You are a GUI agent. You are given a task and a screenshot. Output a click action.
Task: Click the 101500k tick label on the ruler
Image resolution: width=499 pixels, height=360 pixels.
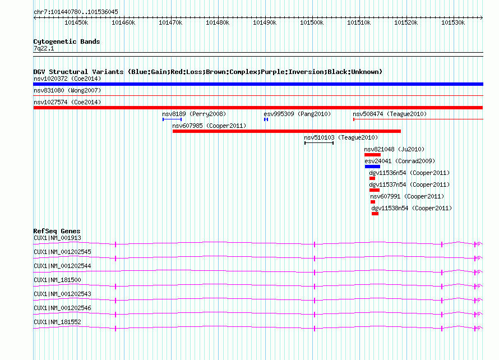tap(312, 22)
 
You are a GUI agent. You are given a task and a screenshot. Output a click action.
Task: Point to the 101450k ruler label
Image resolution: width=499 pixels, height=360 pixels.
tap(76, 22)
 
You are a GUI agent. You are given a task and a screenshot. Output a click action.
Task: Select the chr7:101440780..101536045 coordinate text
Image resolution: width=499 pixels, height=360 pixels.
tap(76, 12)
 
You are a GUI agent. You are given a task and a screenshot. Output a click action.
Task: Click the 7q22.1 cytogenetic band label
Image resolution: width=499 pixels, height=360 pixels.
tap(44, 48)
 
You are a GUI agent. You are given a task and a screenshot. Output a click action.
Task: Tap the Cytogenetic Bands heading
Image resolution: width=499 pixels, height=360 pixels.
tap(67, 41)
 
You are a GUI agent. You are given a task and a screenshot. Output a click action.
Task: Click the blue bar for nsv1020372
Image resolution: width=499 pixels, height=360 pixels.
tap(258, 84)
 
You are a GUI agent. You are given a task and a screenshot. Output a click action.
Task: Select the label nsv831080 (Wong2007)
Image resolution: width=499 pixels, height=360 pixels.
tap(67, 90)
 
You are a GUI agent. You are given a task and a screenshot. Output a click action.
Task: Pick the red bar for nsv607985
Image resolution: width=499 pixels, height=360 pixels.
tap(287, 131)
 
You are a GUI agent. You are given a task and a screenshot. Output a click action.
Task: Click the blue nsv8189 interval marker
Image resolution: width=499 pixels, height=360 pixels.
tap(172, 119)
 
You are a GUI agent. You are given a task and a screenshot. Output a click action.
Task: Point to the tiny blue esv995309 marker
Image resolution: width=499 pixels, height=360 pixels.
tap(266, 119)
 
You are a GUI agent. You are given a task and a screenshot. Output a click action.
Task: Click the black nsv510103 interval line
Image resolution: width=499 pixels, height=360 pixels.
tap(319, 143)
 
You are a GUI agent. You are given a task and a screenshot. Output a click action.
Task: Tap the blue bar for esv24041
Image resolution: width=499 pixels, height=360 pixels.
tap(372, 167)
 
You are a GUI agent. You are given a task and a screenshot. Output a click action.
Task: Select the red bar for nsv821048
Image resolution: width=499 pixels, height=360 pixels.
tap(372, 155)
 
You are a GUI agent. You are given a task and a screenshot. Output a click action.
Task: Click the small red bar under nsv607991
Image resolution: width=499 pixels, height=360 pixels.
tap(373, 202)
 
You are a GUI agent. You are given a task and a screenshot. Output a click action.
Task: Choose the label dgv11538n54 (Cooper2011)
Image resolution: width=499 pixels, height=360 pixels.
tap(412, 208)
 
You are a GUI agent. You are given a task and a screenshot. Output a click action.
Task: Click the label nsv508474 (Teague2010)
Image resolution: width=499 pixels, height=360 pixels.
tap(390, 114)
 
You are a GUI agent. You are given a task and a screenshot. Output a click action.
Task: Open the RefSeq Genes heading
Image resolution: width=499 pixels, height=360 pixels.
tap(57, 231)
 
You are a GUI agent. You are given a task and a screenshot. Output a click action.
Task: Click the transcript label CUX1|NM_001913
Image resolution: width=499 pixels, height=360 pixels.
tap(57, 238)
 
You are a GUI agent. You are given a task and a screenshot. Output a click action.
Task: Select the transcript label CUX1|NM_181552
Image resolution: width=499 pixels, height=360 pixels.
tap(57, 322)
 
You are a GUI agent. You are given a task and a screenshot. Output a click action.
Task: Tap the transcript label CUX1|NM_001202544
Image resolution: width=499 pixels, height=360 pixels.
tap(62, 266)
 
